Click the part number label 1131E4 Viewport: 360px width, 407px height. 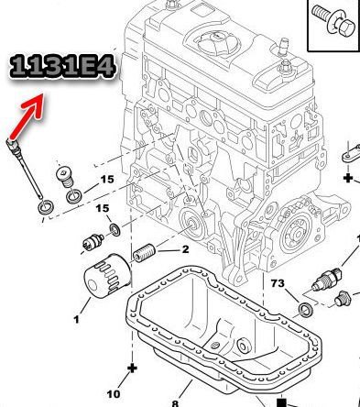[x=62, y=67]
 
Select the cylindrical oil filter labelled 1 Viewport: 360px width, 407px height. [x=107, y=277]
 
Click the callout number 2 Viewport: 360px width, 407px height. [x=185, y=249]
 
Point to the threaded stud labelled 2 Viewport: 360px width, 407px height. [x=144, y=254]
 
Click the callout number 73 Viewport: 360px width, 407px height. [x=278, y=283]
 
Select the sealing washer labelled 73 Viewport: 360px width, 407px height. [x=306, y=309]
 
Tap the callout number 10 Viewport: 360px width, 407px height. [x=114, y=394]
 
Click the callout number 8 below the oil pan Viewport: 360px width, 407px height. [x=175, y=403]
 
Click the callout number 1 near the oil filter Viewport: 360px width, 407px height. [x=76, y=320]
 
